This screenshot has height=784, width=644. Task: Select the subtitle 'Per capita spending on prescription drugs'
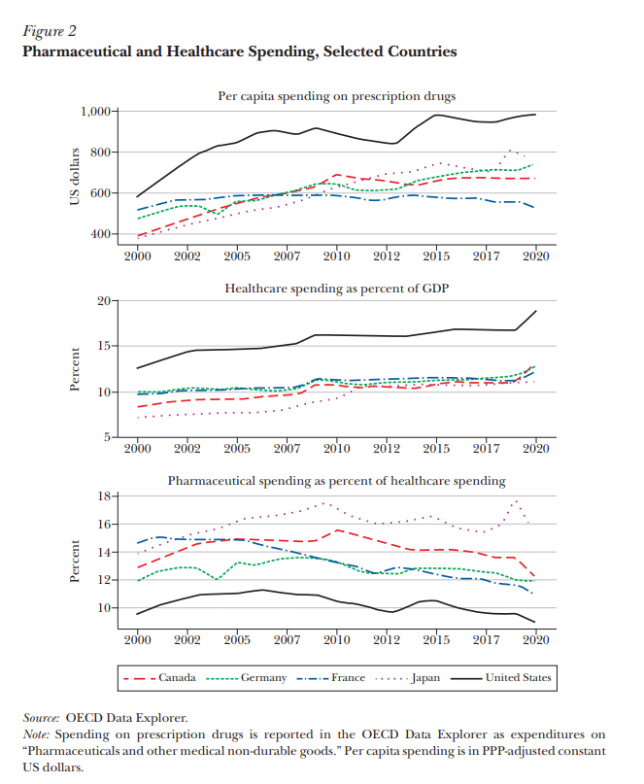336,95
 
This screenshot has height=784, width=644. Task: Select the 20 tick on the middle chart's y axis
105,301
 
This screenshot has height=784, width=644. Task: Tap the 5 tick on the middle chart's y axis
108,438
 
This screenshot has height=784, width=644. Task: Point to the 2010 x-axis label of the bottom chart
336,640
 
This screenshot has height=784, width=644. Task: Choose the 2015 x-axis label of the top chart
436,257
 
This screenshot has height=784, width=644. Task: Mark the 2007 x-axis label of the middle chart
287,450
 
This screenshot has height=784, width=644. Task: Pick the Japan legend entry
424,677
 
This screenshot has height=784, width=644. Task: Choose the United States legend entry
518,677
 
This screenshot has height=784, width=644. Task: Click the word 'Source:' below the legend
42,717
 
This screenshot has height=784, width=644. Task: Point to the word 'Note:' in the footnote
37,734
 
